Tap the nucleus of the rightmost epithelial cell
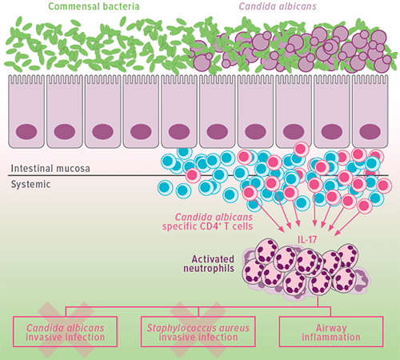pyautogui.click(x=371, y=130)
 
